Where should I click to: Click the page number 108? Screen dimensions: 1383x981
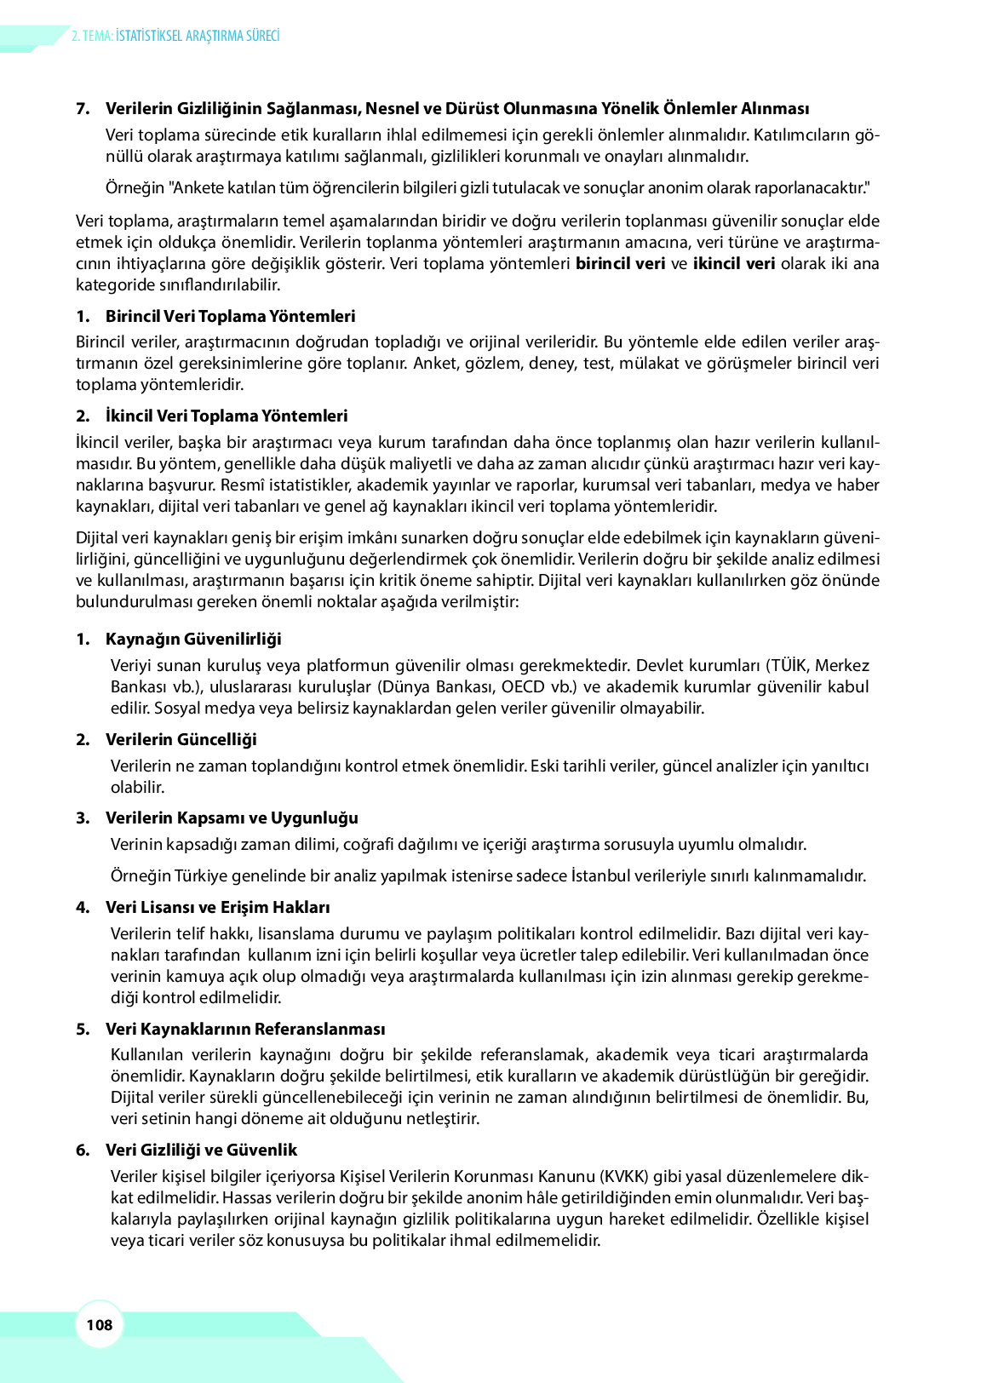[x=100, y=1324]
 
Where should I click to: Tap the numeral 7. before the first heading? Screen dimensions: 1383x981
[x=83, y=108]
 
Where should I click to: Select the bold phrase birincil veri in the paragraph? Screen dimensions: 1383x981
[x=620, y=263]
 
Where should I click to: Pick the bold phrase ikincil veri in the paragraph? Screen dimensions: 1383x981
[x=734, y=263]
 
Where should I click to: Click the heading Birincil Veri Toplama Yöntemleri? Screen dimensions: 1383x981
[x=230, y=316]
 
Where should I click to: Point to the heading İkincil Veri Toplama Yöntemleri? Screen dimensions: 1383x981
[x=227, y=416]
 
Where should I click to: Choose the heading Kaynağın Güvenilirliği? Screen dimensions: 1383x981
[x=193, y=639]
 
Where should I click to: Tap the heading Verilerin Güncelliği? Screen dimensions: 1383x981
[x=181, y=739]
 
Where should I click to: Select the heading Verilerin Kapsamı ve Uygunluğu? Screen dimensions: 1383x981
[x=232, y=818]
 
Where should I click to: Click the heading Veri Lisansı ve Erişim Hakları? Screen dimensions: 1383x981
[x=217, y=907]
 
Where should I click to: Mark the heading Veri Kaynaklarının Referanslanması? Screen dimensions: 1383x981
[x=245, y=1029]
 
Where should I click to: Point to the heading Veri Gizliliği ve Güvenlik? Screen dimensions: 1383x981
[x=201, y=1150]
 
